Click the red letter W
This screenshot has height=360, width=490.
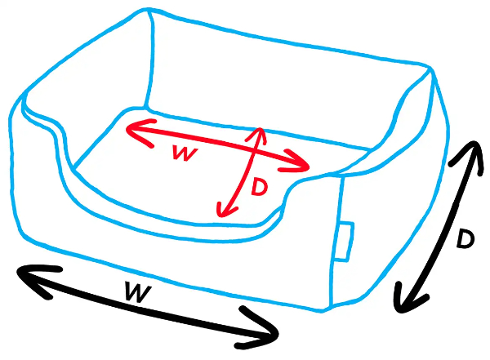pos(185,153)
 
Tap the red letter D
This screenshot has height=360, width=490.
pos(259,187)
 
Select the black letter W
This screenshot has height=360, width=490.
pos(138,291)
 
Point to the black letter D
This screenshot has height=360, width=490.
pos(465,238)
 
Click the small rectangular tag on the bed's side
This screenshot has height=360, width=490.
pos(345,241)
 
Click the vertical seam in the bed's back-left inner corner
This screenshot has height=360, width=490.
pos(150,60)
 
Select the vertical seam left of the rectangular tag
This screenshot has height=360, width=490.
pos(336,241)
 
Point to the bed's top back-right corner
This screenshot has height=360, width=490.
pos(430,67)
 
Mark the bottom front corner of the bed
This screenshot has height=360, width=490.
pos(323,311)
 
